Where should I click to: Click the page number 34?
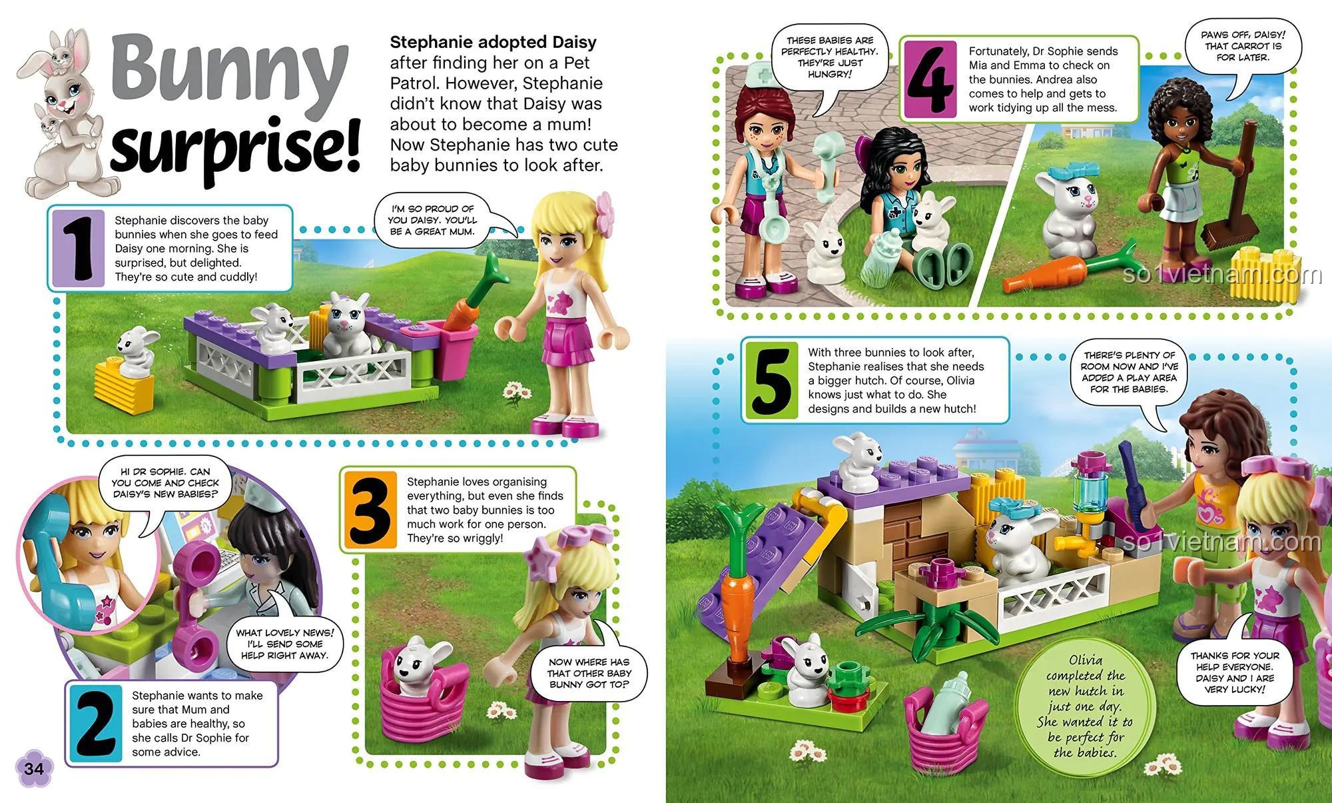tap(33, 768)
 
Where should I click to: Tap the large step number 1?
tap(79, 247)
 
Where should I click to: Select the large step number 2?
tap(95, 724)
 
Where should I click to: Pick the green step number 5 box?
tap(772, 380)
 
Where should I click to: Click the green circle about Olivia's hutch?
tap(1085, 706)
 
